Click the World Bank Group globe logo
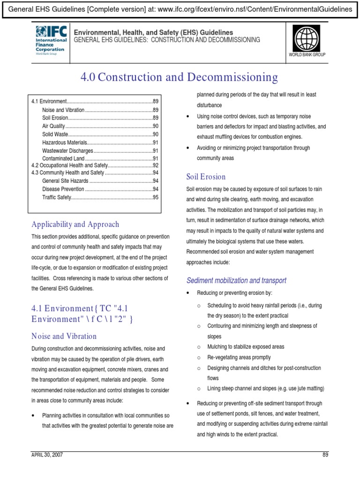click(307, 38)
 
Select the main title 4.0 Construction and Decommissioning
click(180, 77)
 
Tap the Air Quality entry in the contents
click(53, 127)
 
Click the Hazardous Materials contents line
click(65, 142)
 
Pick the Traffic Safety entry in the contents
click(56, 197)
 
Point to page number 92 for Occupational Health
click(156, 165)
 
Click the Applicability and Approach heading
click(75, 224)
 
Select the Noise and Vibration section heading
click(64, 336)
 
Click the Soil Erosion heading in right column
click(206, 177)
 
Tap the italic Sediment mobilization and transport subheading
click(236, 280)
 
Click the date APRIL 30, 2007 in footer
click(47, 455)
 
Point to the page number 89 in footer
click(325, 455)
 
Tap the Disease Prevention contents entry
click(63, 189)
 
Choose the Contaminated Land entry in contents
click(63, 158)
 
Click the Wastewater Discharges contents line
click(67, 150)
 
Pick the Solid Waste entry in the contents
click(54, 135)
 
